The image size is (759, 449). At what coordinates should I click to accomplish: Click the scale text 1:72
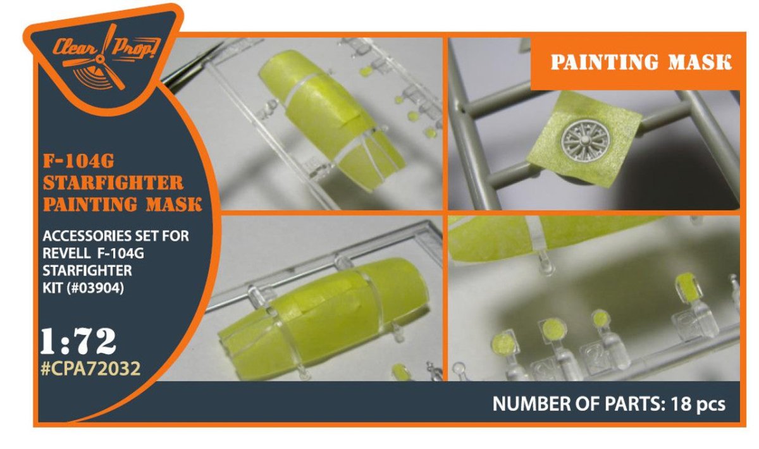[78, 341]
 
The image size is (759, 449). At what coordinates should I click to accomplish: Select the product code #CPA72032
[90, 368]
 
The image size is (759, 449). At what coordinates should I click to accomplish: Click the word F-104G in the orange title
[78, 162]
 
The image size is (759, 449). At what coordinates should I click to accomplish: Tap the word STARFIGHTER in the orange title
[113, 183]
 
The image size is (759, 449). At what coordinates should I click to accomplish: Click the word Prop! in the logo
[135, 48]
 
